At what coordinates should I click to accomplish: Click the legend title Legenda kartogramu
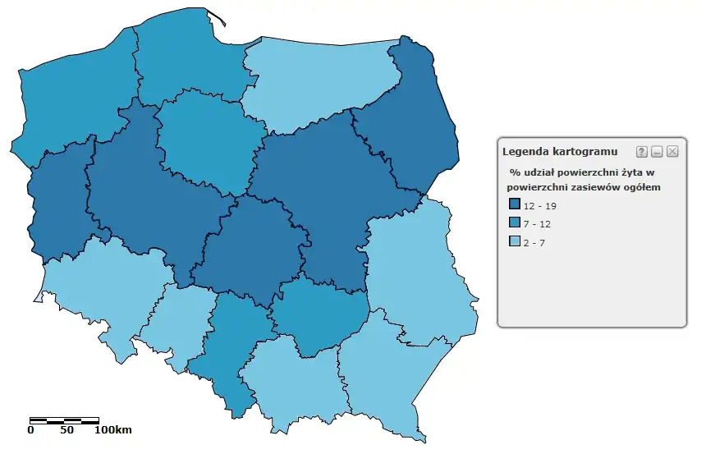click(560, 151)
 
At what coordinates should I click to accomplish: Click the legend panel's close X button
click(672, 151)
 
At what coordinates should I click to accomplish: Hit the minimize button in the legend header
click(657, 151)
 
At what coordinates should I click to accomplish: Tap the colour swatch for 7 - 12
click(515, 223)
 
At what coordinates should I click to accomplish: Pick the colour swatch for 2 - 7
click(515, 242)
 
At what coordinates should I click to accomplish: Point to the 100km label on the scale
click(112, 430)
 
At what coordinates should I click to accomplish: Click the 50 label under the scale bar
click(66, 430)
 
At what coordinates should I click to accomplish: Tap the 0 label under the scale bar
click(31, 430)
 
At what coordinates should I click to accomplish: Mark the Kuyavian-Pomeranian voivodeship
click(205, 140)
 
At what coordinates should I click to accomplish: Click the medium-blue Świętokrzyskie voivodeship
click(316, 316)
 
